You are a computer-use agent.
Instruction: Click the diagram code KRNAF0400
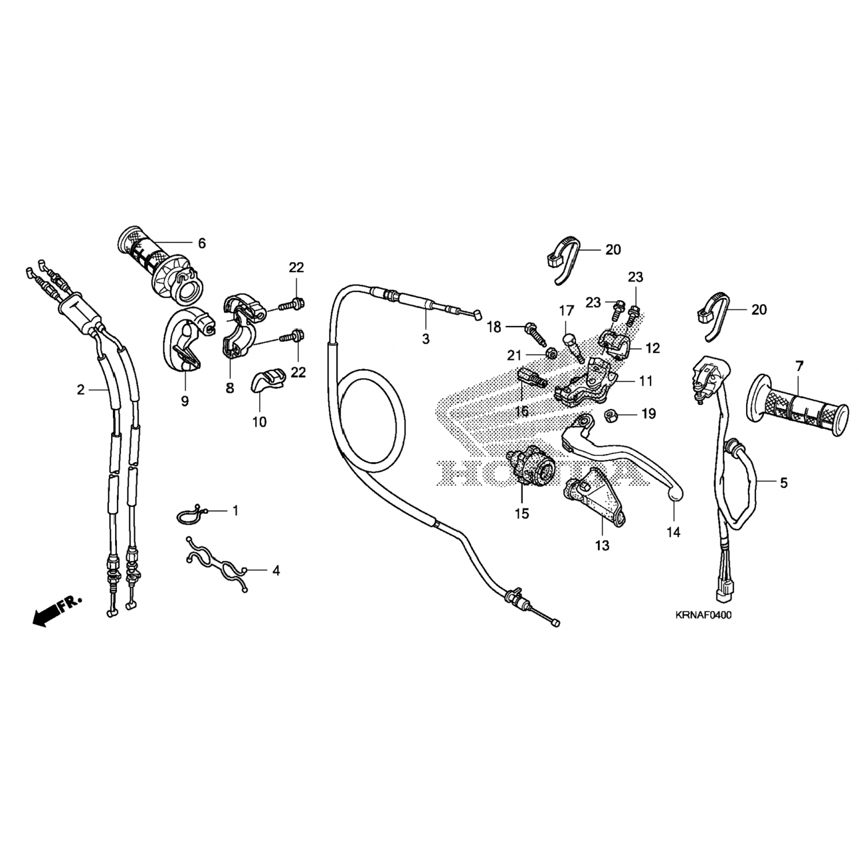(703, 616)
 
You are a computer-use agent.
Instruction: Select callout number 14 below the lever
(673, 532)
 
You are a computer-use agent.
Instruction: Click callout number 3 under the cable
(425, 339)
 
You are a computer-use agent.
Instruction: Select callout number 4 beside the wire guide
(276, 570)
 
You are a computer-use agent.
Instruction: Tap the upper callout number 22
(296, 267)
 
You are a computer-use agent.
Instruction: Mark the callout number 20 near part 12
(613, 250)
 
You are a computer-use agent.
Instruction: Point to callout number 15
(522, 514)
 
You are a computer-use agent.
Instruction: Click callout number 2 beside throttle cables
(81, 390)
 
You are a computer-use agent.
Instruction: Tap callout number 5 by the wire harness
(783, 483)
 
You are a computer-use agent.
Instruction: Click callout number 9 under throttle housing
(184, 401)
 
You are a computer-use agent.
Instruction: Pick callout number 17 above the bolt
(566, 311)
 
